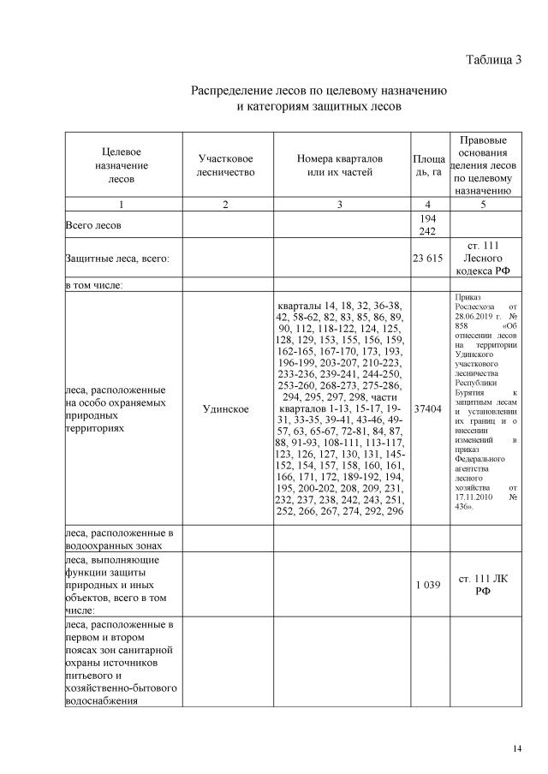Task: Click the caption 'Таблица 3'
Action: pyautogui.click(x=492, y=60)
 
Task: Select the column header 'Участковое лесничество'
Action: pyautogui.click(x=225, y=165)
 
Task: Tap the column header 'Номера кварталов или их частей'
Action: pyautogui.click(x=340, y=165)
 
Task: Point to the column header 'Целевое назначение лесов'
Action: pyautogui.click(x=121, y=165)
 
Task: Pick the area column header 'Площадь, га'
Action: pyautogui.click(x=428, y=166)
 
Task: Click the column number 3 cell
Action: pyautogui.click(x=340, y=205)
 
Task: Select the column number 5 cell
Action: pyautogui.click(x=483, y=205)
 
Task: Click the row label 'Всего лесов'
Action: pyautogui.click(x=94, y=225)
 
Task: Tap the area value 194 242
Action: pyautogui.click(x=428, y=225)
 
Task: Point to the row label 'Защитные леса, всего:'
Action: pyautogui.click(x=117, y=258)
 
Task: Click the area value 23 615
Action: pyautogui.click(x=428, y=258)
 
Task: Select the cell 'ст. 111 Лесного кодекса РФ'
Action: pyautogui.click(x=483, y=258)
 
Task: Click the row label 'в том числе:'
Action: pyautogui.click(x=95, y=285)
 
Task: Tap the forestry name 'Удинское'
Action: pyautogui.click(x=225, y=409)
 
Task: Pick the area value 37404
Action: pyautogui.click(x=428, y=409)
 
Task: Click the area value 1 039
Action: pyautogui.click(x=428, y=585)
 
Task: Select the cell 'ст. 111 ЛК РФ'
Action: pyautogui.click(x=483, y=585)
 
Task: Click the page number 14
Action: pyautogui.click(x=516, y=749)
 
